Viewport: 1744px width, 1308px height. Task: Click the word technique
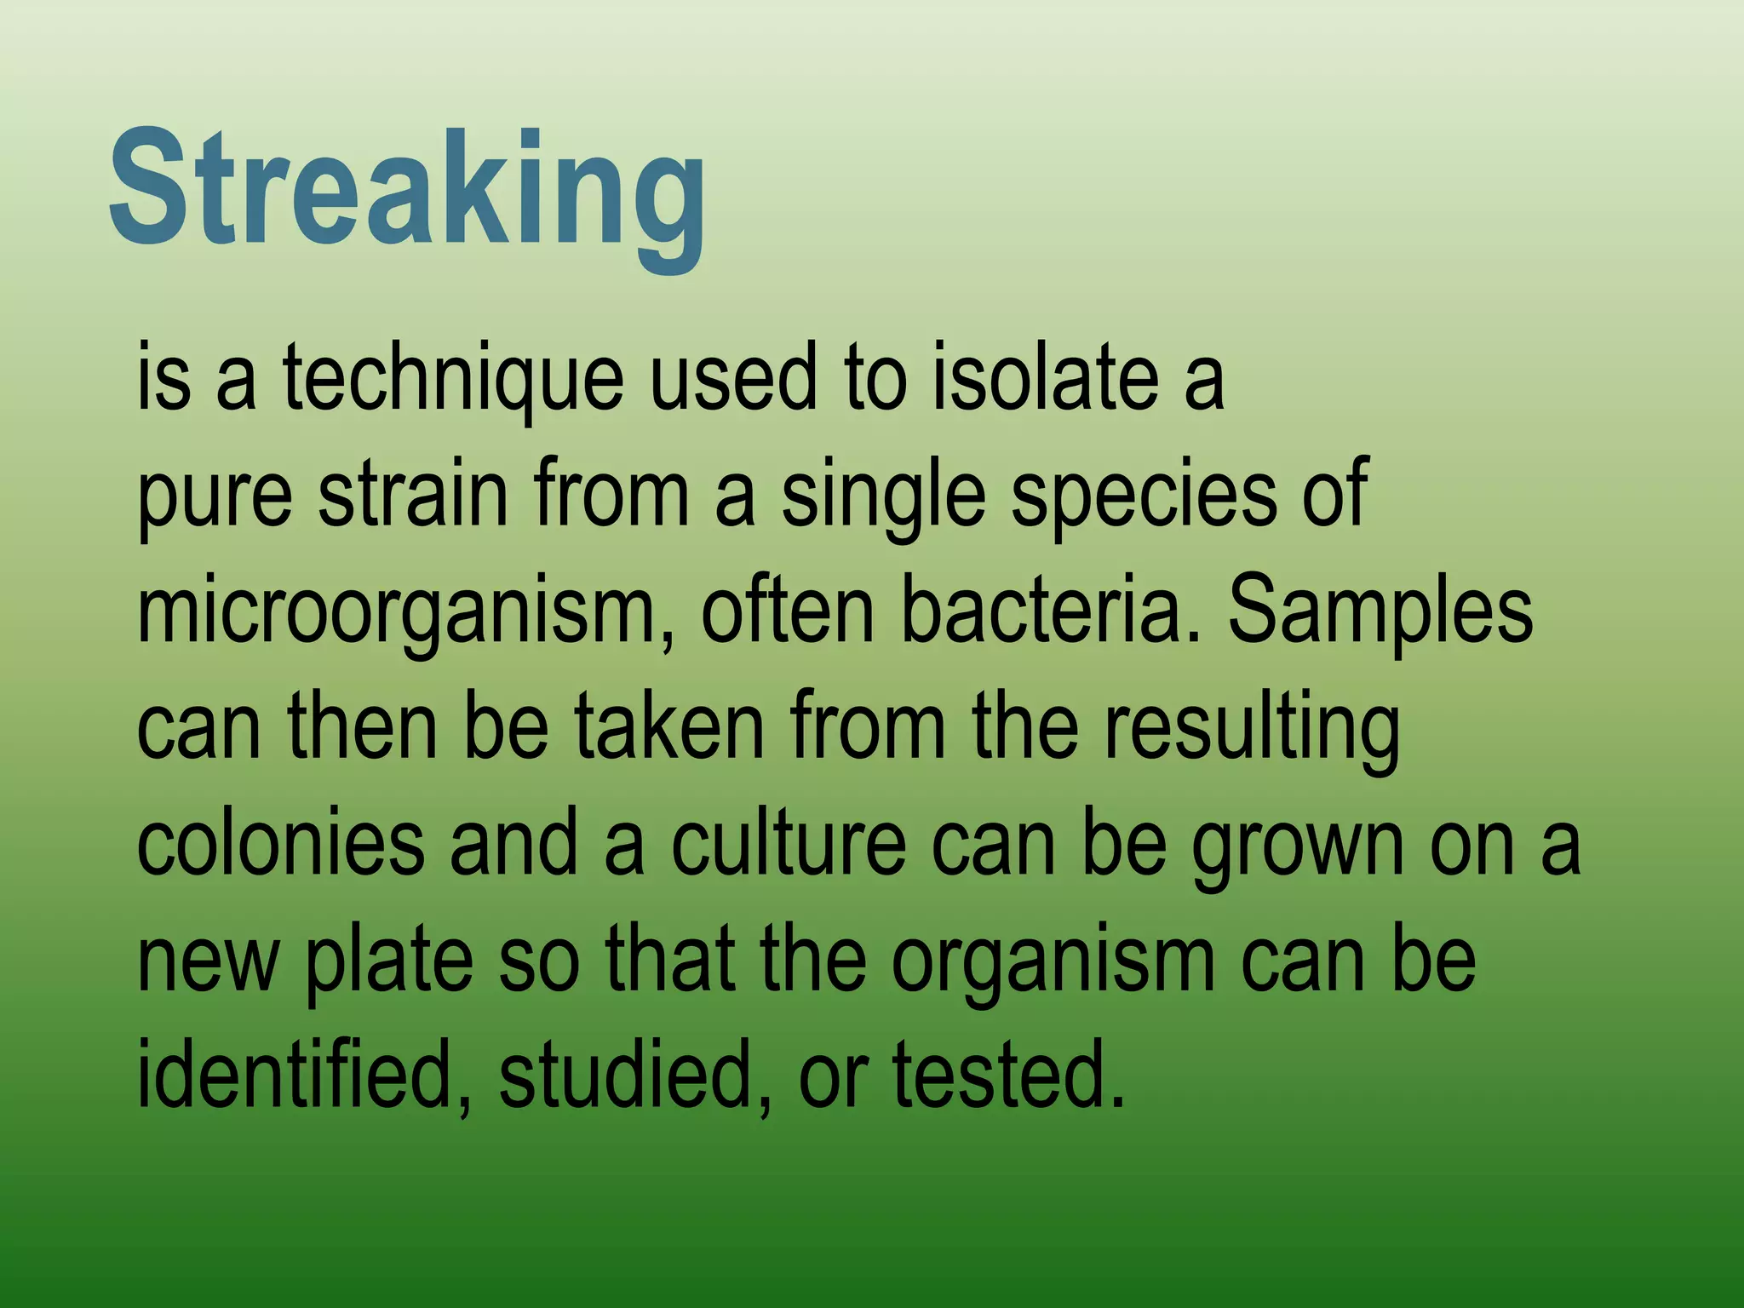coord(453,376)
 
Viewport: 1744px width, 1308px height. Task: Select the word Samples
coord(1380,611)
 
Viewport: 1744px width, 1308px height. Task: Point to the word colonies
coord(280,845)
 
